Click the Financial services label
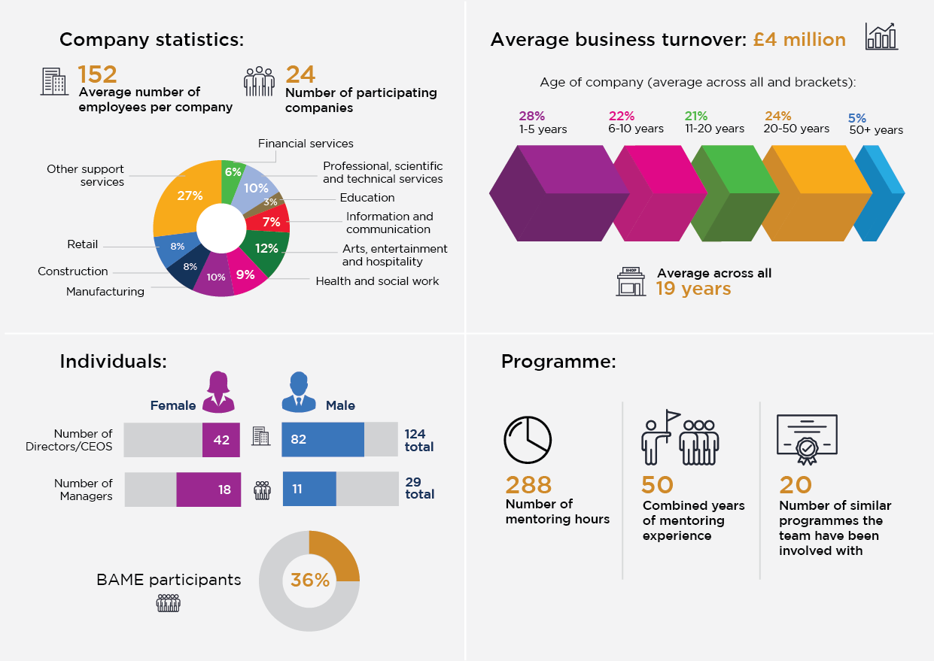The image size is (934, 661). pos(306,143)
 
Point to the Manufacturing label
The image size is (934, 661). pos(105,292)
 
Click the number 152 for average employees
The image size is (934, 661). pos(98,74)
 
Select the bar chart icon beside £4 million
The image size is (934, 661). pos(881,36)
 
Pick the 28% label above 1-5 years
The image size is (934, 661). pos(531,117)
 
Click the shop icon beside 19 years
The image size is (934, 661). pos(631,281)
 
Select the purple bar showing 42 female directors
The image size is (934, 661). pos(221,440)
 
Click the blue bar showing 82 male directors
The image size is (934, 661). pos(322,440)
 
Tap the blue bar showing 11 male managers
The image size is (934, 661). pos(309,489)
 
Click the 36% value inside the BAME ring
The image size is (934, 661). pos(310,581)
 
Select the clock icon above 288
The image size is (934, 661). pos(528,440)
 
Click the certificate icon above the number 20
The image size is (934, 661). pos(807,437)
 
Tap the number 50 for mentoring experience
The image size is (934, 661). pos(657,484)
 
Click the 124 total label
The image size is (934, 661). pos(418,440)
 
